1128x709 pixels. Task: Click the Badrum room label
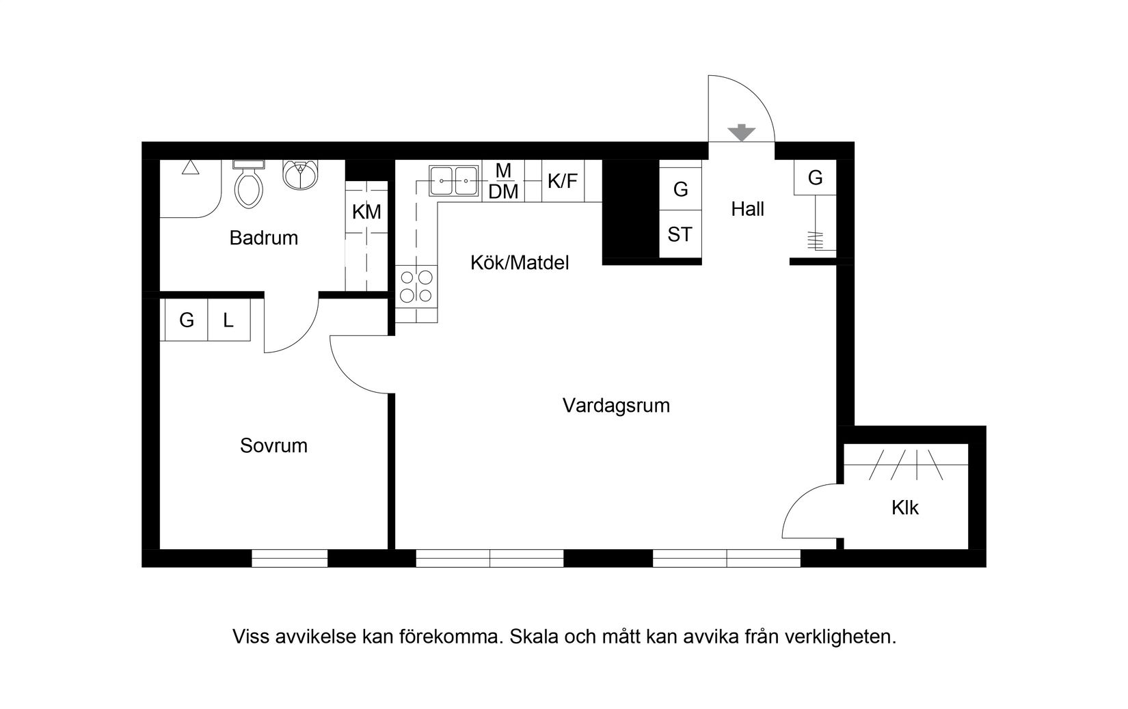pos(263,238)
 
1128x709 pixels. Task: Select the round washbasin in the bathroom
pos(300,176)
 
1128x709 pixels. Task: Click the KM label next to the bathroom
pos(366,212)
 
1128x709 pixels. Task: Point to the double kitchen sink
pos(453,181)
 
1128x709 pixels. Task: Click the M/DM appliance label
pos(504,181)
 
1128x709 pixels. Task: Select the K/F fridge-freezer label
pos(563,181)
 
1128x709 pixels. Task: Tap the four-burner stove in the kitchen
pos(416,286)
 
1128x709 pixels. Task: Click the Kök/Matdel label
pos(520,263)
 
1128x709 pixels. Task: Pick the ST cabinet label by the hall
pos(680,235)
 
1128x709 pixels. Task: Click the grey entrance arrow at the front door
pos(741,133)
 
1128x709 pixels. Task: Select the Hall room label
pos(747,209)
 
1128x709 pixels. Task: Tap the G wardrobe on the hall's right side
pos(815,178)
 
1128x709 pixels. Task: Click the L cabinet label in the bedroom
pos(229,320)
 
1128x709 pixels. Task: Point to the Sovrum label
pos(273,446)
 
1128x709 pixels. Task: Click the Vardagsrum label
pos(616,406)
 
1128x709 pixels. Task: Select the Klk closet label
pos(905,508)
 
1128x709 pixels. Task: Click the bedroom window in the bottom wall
pos(290,559)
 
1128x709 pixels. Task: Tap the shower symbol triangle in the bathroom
pos(191,167)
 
